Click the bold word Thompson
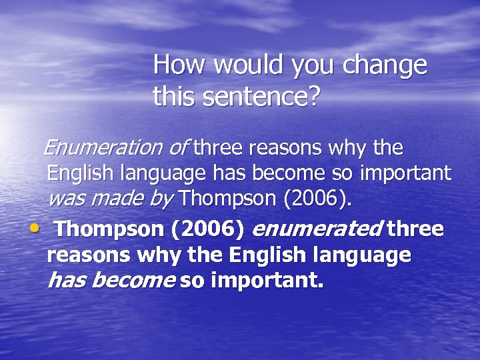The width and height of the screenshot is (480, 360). point(108,230)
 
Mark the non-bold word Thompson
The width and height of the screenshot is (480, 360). point(223,199)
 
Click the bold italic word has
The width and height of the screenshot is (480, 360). point(67,281)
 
